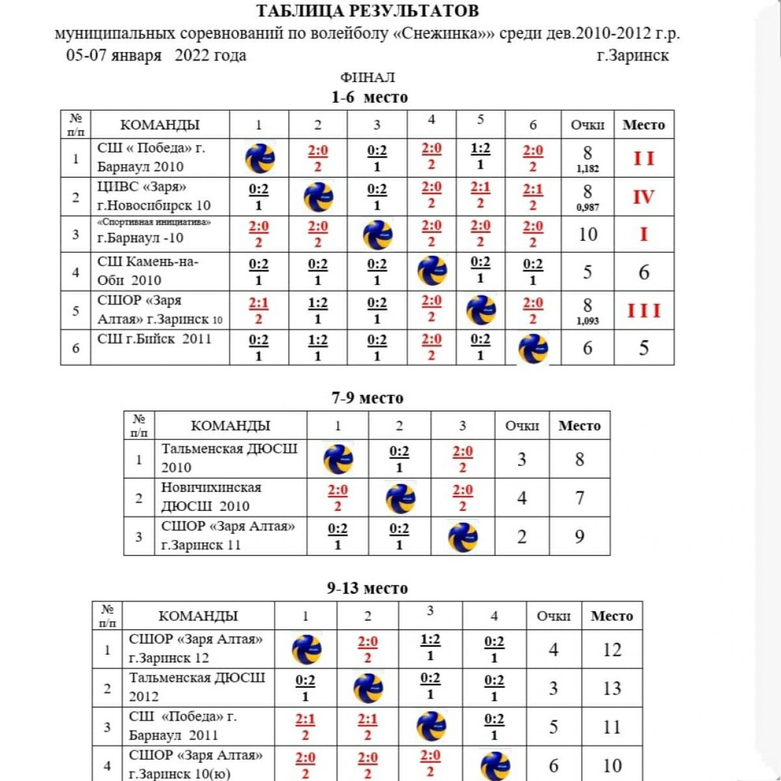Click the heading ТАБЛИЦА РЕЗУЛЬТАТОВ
[x=367, y=11]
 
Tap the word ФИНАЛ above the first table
[x=367, y=77]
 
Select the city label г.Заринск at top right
[x=633, y=55]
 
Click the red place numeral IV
[x=643, y=197]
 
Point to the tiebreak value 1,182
[x=587, y=169]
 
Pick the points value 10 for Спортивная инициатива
[x=587, y=234]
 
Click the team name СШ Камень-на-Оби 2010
[x=148, y=271]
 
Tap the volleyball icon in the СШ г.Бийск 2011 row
[x=533, y=349]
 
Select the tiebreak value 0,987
[x=587, y=208]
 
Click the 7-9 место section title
[x=367, y=398]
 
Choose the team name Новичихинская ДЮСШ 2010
[x=212, y=497]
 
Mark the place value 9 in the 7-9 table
[x=579, y=537]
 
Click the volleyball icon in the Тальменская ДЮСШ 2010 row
[x=338, y=459]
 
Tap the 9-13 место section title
[x=367, y=588]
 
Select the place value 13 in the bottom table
[x=611, y=689]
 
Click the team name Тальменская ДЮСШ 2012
[x=197, y=687]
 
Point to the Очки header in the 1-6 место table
[x=587, y=125]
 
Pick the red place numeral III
[x=643, y=311]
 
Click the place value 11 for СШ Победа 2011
[x=611, y=727]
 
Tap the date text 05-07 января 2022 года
[x=156, y=55]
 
